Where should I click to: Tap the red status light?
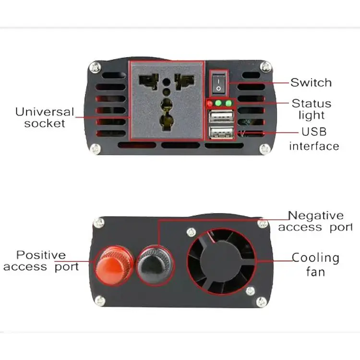tap(209, 103)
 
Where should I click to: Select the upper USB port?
tap(222, 118)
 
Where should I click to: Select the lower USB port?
tap(222, 133)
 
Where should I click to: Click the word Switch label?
tap(311, 83)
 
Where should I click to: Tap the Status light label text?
tap(312, 109)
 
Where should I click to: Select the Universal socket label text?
tap(45, 118)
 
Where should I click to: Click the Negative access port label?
tap(315, 222)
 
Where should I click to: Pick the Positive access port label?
tap(41, 261)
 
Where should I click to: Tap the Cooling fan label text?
tap(315, 264)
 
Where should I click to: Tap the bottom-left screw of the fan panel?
tap(99, 301)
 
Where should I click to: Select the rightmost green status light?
tap(228, 103)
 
